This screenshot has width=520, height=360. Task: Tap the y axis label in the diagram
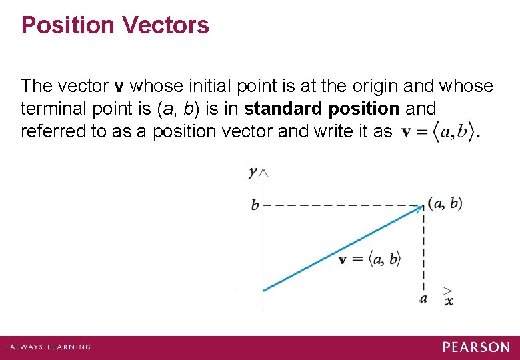click(253, 172)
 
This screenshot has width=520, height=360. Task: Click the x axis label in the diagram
click(449, 301)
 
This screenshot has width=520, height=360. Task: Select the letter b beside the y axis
click(255, 205)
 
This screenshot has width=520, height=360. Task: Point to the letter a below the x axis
click(424, 299)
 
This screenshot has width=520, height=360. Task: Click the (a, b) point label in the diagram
click(445, 203)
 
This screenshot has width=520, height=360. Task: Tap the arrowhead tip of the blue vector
click(423, 206)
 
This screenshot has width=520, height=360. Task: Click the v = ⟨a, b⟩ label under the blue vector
click(369, 259)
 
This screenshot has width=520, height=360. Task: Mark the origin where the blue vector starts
click(263, 291)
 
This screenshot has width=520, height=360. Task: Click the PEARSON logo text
click(476, 347)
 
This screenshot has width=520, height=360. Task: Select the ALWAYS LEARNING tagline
click(50, 347)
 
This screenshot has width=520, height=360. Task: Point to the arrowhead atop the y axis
click(263, 171)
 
